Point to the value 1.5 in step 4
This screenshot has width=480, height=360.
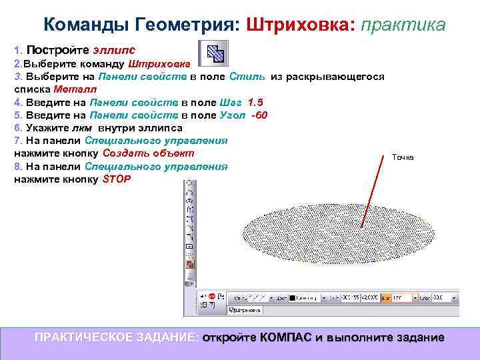255,102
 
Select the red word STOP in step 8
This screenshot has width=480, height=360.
117,179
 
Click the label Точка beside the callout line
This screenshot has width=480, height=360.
402,157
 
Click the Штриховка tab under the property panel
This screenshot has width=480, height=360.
245,310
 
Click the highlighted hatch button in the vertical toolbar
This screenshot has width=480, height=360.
189,264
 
